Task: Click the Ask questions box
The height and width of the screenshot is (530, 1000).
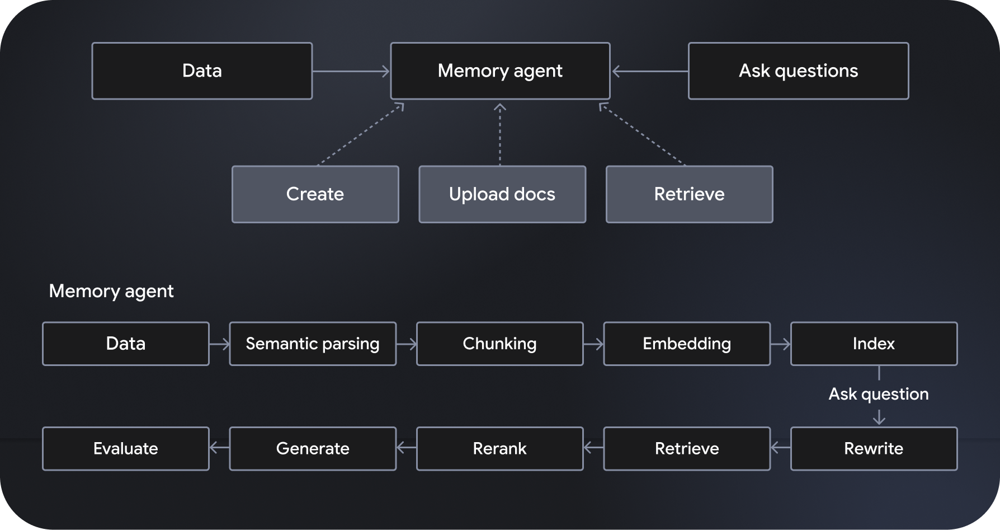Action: point(798,71)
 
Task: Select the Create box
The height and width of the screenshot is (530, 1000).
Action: point(315,194)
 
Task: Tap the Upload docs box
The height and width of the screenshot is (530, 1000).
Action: point(502,194)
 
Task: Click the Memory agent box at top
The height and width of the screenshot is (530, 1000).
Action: point(500,71)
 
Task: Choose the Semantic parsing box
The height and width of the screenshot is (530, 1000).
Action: point(313,344)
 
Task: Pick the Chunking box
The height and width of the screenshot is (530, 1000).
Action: point(499,344)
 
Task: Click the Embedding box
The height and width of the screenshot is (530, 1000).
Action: point(686,344)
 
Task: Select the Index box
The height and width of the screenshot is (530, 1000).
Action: point(874,344)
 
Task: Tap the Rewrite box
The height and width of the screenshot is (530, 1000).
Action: point(874,448)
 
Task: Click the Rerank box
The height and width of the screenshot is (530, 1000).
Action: point(499,448)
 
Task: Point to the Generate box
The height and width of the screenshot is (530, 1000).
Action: point(313,448)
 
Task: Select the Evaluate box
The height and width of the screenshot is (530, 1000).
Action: point(125,448)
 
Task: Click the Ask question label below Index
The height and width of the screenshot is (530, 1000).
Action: point(878,394)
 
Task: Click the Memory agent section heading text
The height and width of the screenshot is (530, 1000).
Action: point(111,291)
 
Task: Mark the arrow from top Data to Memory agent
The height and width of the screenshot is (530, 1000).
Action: point(351,71)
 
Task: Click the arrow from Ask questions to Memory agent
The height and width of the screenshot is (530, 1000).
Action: point(649,71)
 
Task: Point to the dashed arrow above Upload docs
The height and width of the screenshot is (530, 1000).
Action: point(499,134)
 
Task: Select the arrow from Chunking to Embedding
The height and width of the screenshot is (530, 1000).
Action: point(593,344)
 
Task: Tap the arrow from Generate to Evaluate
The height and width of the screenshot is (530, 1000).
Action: point(219,448)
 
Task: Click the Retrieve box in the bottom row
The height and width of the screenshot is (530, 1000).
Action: point(686,448)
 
